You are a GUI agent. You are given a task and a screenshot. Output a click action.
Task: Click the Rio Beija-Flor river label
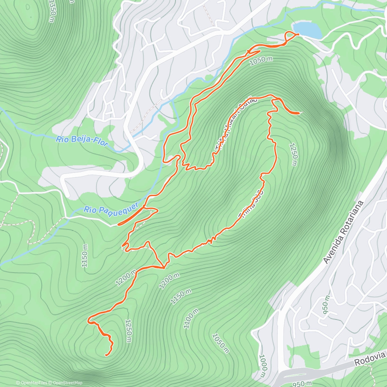point(82,141)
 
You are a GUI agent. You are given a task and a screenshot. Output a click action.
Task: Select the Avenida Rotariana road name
point(344,232)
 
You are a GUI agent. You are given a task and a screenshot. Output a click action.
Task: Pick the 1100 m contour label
point(191,318)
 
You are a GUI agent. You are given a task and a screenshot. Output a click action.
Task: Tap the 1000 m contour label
point(263,366)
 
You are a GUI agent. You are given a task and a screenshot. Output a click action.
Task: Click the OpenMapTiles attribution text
point(31,383)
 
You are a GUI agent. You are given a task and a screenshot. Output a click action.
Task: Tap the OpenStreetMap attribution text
point(66,383)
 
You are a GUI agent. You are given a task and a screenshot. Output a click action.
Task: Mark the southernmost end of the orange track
point(106,355)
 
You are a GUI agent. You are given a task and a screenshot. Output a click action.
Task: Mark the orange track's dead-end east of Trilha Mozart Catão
point(300,113)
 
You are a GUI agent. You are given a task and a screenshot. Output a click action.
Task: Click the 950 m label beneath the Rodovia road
point(302,384)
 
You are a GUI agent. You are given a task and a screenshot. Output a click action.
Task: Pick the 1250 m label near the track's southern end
point(128,331)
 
